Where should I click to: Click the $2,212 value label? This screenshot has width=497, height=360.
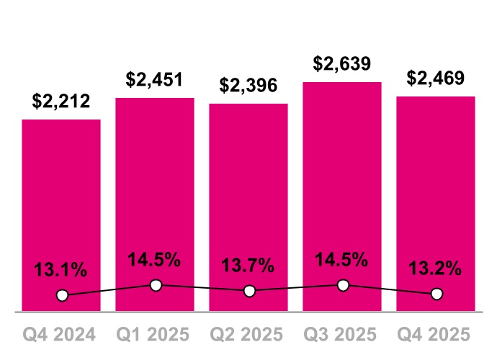point(61,102)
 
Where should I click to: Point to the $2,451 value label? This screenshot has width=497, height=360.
point(155,79)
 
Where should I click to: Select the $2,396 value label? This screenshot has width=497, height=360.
point(248,86)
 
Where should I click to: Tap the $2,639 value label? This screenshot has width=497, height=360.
point(342,63)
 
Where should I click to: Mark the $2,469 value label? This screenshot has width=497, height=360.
point(436,78)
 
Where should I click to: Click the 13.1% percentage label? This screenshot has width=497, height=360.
point(61,271)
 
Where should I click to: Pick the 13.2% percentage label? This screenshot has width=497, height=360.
point(436,269)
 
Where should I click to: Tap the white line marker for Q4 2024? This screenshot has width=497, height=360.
point(62,295)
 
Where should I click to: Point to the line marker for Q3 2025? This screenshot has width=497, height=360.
point(343,285)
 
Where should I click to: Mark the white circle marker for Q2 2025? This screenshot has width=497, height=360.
point(249,291)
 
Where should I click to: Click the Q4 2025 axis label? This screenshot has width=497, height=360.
point(436,335)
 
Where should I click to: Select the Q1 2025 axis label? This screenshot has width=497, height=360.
point(155,335)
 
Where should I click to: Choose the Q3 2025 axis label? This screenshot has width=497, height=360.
point(342,335)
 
